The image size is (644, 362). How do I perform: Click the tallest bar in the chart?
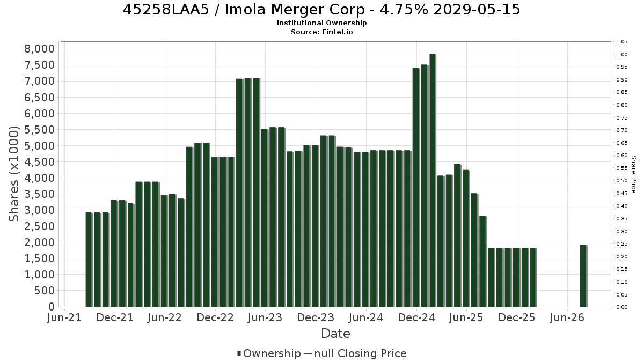pyautogui.click(x=433, y=180)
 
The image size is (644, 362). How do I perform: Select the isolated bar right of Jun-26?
pyautogui.click(x=583, y=276)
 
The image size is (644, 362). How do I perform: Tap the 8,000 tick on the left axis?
pyautogui.click(x=39, y=49)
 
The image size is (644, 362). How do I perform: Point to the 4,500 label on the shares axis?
pyautogui.click(x=39, y=162)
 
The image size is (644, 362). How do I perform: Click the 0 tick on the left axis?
pyautogui.click(x=52, y=307)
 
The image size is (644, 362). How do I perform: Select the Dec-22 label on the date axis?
pyautogui.click(x=215, y=317)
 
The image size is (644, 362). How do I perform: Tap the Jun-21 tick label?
pyautogui.click(x=64, y=317)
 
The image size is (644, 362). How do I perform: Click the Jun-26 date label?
pyautogui.click(x=567, y=317)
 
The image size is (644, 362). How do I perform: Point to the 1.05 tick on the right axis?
pyautogui.click(x=622, y=42)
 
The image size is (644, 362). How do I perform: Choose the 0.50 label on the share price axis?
pyautogui.click(x=622, y=181)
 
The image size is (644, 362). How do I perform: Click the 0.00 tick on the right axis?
pyautogui.click(x=622, y=307)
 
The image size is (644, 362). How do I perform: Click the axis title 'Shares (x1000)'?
pyautogui.click(x=13, y=174)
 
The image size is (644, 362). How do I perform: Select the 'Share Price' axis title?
pyautogui.click(x=633, y=174)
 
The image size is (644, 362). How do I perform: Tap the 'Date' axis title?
pyautogui.click(x=335, y=334)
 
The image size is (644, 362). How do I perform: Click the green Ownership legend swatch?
pyautogui.click(x=239, y=353)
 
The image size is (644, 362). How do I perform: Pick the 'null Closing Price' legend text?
pyautogui.click(x=361, y=353)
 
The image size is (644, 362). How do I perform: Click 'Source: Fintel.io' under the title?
pyautogui.click(x=321, y=32)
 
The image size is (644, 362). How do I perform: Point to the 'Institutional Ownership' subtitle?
pyautogui.click(x=321, y=23)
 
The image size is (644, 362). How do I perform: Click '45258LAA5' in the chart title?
pyautogui.click(x=166, y=10)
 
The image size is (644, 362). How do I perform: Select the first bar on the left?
pyautogui.click(x=89, y=260)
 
